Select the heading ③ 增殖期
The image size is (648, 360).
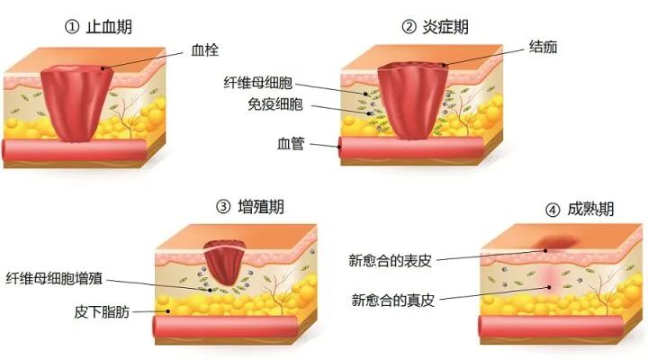click(250, 206)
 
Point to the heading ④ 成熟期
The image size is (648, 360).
click(580, 210)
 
